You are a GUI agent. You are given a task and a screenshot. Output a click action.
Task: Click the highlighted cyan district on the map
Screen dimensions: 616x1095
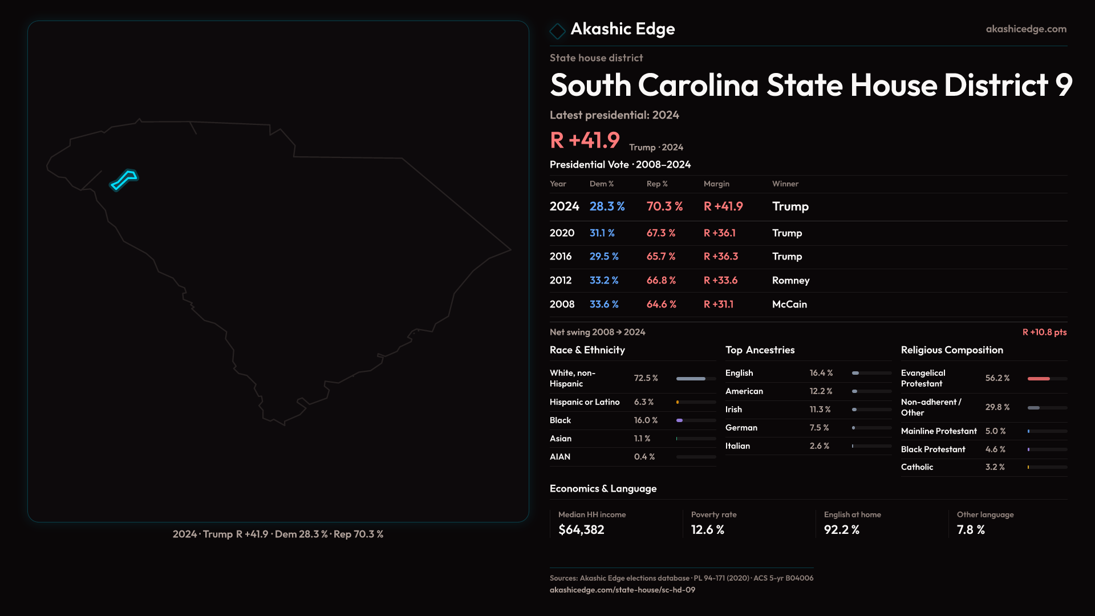pos(124,180)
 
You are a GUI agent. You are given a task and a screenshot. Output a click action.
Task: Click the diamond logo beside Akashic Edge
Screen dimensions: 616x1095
pos(557,31)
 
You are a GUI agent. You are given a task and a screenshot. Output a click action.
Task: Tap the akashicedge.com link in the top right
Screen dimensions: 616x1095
pos(1026,29)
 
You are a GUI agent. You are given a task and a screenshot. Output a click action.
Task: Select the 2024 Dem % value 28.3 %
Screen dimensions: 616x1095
pos(607,206)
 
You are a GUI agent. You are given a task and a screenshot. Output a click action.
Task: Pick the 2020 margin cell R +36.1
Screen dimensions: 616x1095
pos(719,233)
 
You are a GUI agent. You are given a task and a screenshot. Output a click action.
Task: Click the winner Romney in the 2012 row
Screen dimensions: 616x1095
pos(790,281)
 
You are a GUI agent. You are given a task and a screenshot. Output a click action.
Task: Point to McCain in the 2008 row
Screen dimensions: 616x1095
pos(789,305)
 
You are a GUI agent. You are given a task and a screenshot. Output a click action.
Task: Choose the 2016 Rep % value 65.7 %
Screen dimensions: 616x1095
pos(660,257)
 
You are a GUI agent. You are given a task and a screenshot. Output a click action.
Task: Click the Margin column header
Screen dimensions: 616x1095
pos(716,184)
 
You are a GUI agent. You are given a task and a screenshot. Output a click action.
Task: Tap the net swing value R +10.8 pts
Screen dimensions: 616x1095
pos(1044,333)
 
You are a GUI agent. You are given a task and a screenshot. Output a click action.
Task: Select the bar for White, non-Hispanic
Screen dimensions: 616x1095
pos(691,379)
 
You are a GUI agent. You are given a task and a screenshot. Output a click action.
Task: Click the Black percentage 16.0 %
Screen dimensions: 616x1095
pos(646,420)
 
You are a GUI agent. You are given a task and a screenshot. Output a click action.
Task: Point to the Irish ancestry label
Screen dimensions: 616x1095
pos(733,410)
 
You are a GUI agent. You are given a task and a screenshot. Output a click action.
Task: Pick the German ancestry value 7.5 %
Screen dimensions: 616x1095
pos(819,428)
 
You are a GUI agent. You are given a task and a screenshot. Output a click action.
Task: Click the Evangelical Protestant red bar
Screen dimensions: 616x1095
pos(1039,379)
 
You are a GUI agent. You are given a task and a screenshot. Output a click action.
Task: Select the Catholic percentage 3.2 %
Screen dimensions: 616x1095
pos(995,467)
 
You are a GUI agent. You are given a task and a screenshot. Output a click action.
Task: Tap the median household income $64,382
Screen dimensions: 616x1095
pos(581,530)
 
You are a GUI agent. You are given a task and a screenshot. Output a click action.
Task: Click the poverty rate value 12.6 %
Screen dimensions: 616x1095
pos(707,530)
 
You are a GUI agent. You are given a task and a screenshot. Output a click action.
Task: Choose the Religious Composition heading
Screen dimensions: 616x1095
pos(952,350)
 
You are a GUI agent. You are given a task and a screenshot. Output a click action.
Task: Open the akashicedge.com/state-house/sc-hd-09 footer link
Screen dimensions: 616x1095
pos(622,590)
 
